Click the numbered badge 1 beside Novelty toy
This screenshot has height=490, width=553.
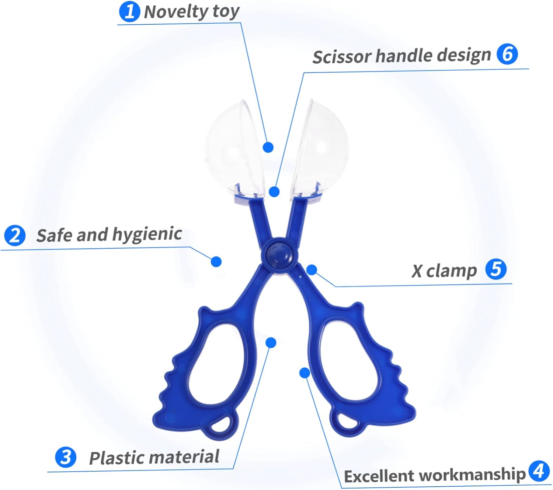click(x=129, y=12)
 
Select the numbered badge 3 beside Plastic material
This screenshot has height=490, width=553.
click(x=66, y=457)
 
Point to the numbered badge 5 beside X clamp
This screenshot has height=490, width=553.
click(x=496, y=269)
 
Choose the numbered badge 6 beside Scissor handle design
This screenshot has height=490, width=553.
click(x=507, y=54)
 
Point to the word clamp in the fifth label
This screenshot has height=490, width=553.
click(x=451, y=271)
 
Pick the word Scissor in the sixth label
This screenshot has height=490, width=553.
click(x=341, y=57)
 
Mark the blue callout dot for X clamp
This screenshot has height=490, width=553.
click(x=312, y=270)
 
